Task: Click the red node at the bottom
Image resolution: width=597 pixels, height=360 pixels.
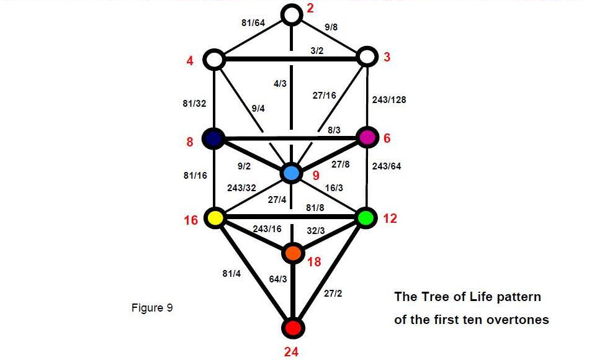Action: click(292, 326)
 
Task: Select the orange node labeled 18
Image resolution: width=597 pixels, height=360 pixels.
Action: click(293, 253)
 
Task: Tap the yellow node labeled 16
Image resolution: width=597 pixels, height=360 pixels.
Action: click(215, 217)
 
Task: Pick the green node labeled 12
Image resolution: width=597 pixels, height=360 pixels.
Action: click(366, 217)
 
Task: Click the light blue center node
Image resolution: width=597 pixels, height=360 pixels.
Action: click(291, 173)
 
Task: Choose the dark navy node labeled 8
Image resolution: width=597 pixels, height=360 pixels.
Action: click(213, 138)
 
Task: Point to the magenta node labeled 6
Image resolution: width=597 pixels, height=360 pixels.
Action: click(367, 137)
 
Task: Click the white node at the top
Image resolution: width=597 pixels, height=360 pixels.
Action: click(292, 14)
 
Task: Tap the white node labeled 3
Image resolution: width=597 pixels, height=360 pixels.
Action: click(367, 57)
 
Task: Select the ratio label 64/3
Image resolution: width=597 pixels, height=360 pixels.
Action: click(277, 279)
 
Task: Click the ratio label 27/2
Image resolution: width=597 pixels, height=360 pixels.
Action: click(333, 293)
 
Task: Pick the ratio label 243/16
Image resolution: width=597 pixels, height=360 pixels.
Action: click(267, 229)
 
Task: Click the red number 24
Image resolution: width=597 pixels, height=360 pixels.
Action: click(292, 352)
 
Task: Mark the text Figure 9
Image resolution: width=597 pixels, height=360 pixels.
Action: click(152, 308)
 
